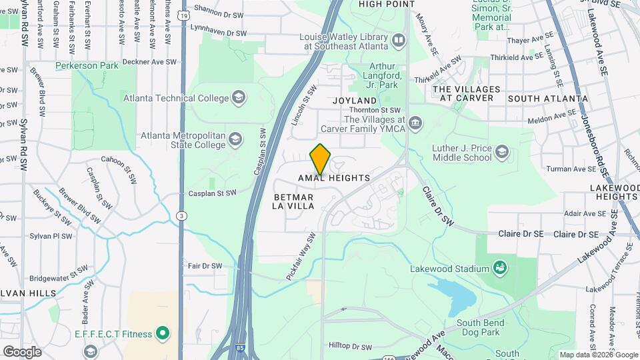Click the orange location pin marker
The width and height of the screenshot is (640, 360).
click(321, 159)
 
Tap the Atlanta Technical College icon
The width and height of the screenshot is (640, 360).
click(238, 99)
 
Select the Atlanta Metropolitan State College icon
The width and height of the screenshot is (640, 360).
click(235, 140)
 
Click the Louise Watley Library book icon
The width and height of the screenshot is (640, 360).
click(399, 41)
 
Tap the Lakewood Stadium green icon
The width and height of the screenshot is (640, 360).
click(500, 268)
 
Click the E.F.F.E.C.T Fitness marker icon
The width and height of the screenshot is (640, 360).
click(162, 333)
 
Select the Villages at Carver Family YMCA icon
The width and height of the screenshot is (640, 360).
click(415, 123)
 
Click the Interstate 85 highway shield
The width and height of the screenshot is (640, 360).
click(239, 348)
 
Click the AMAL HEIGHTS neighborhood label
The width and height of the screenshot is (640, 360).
click(334, 179)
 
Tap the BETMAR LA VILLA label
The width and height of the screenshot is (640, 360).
click(293, 202)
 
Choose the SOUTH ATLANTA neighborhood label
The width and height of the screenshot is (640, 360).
click(547, 98)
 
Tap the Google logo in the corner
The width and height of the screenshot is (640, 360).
click(22, 351)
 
